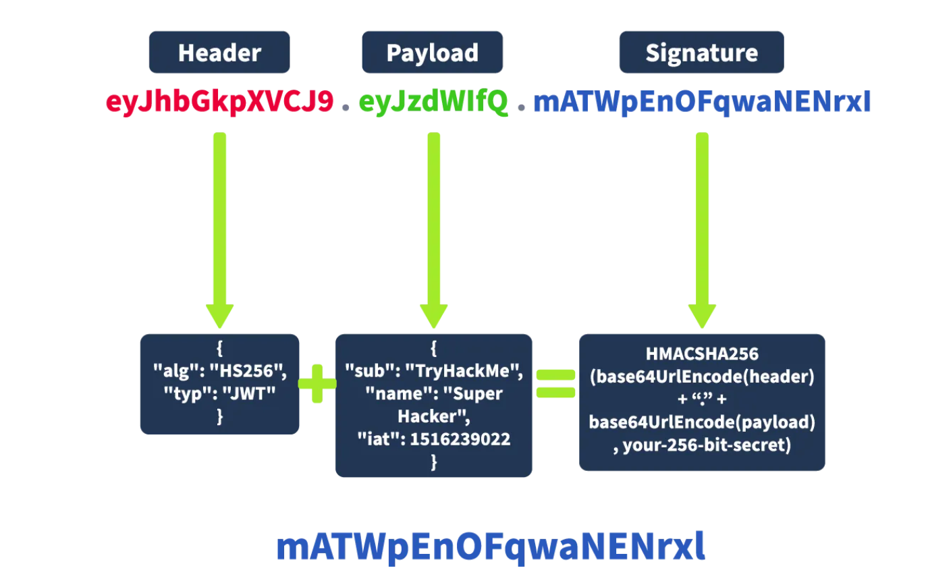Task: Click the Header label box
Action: [219, 53]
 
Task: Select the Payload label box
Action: [432, 53]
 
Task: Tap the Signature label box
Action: [701, 53]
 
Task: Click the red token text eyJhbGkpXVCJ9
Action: [219, 102]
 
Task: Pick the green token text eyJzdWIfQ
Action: [433, 102]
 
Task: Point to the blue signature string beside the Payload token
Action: [702, 102]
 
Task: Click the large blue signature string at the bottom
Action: [491, 546]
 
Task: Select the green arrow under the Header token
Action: [219, 229]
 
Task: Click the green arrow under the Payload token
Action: [433, 229]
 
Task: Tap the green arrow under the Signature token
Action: [702, 229]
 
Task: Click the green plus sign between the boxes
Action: [317, 384]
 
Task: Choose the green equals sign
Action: [555, 383]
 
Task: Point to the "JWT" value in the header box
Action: [249, 393]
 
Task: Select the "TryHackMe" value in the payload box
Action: [464, 371]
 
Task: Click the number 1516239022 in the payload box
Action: [460, 439]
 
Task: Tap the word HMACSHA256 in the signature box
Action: [702, 354]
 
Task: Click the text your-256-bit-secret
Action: [707, 445]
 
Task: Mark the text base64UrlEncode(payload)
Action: [702, 422]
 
